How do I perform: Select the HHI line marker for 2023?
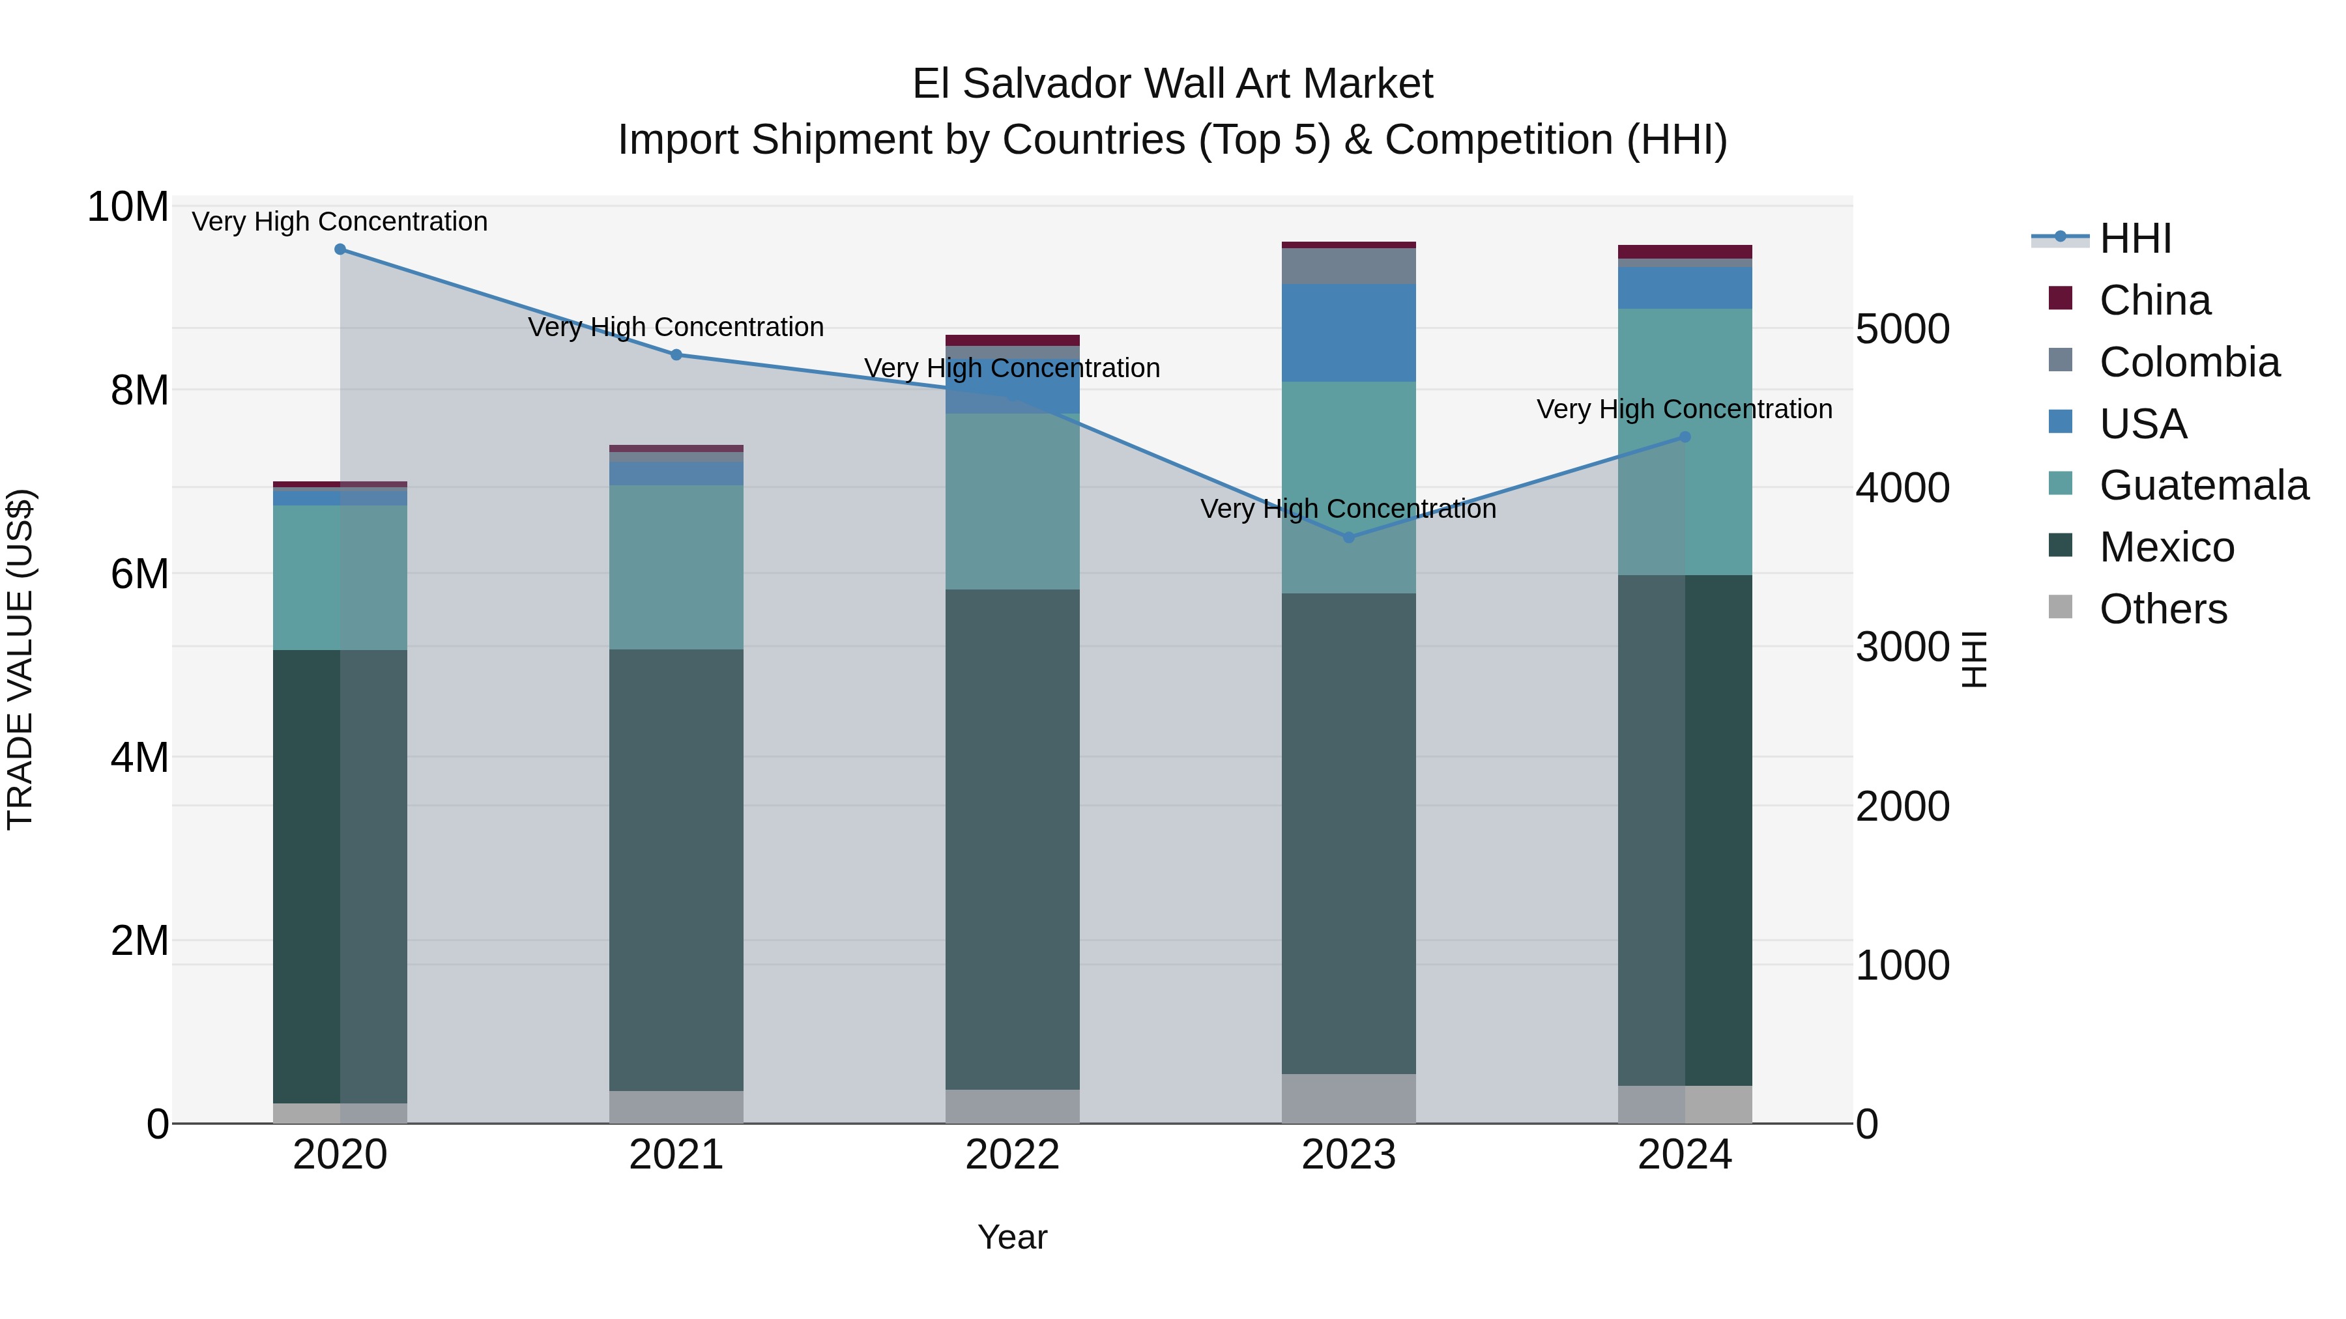1349,538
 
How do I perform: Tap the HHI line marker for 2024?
1685,438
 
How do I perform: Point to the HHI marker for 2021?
676,355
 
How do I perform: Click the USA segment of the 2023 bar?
1349,333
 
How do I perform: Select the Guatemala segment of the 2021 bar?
676,567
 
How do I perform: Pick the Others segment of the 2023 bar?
1349,1099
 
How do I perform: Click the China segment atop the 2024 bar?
1685,252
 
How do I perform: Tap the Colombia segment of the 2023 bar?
1349,266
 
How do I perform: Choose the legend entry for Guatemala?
2204,486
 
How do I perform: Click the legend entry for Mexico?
2167,548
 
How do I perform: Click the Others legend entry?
2163,610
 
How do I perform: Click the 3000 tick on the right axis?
1902,648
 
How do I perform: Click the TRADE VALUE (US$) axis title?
21,660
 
